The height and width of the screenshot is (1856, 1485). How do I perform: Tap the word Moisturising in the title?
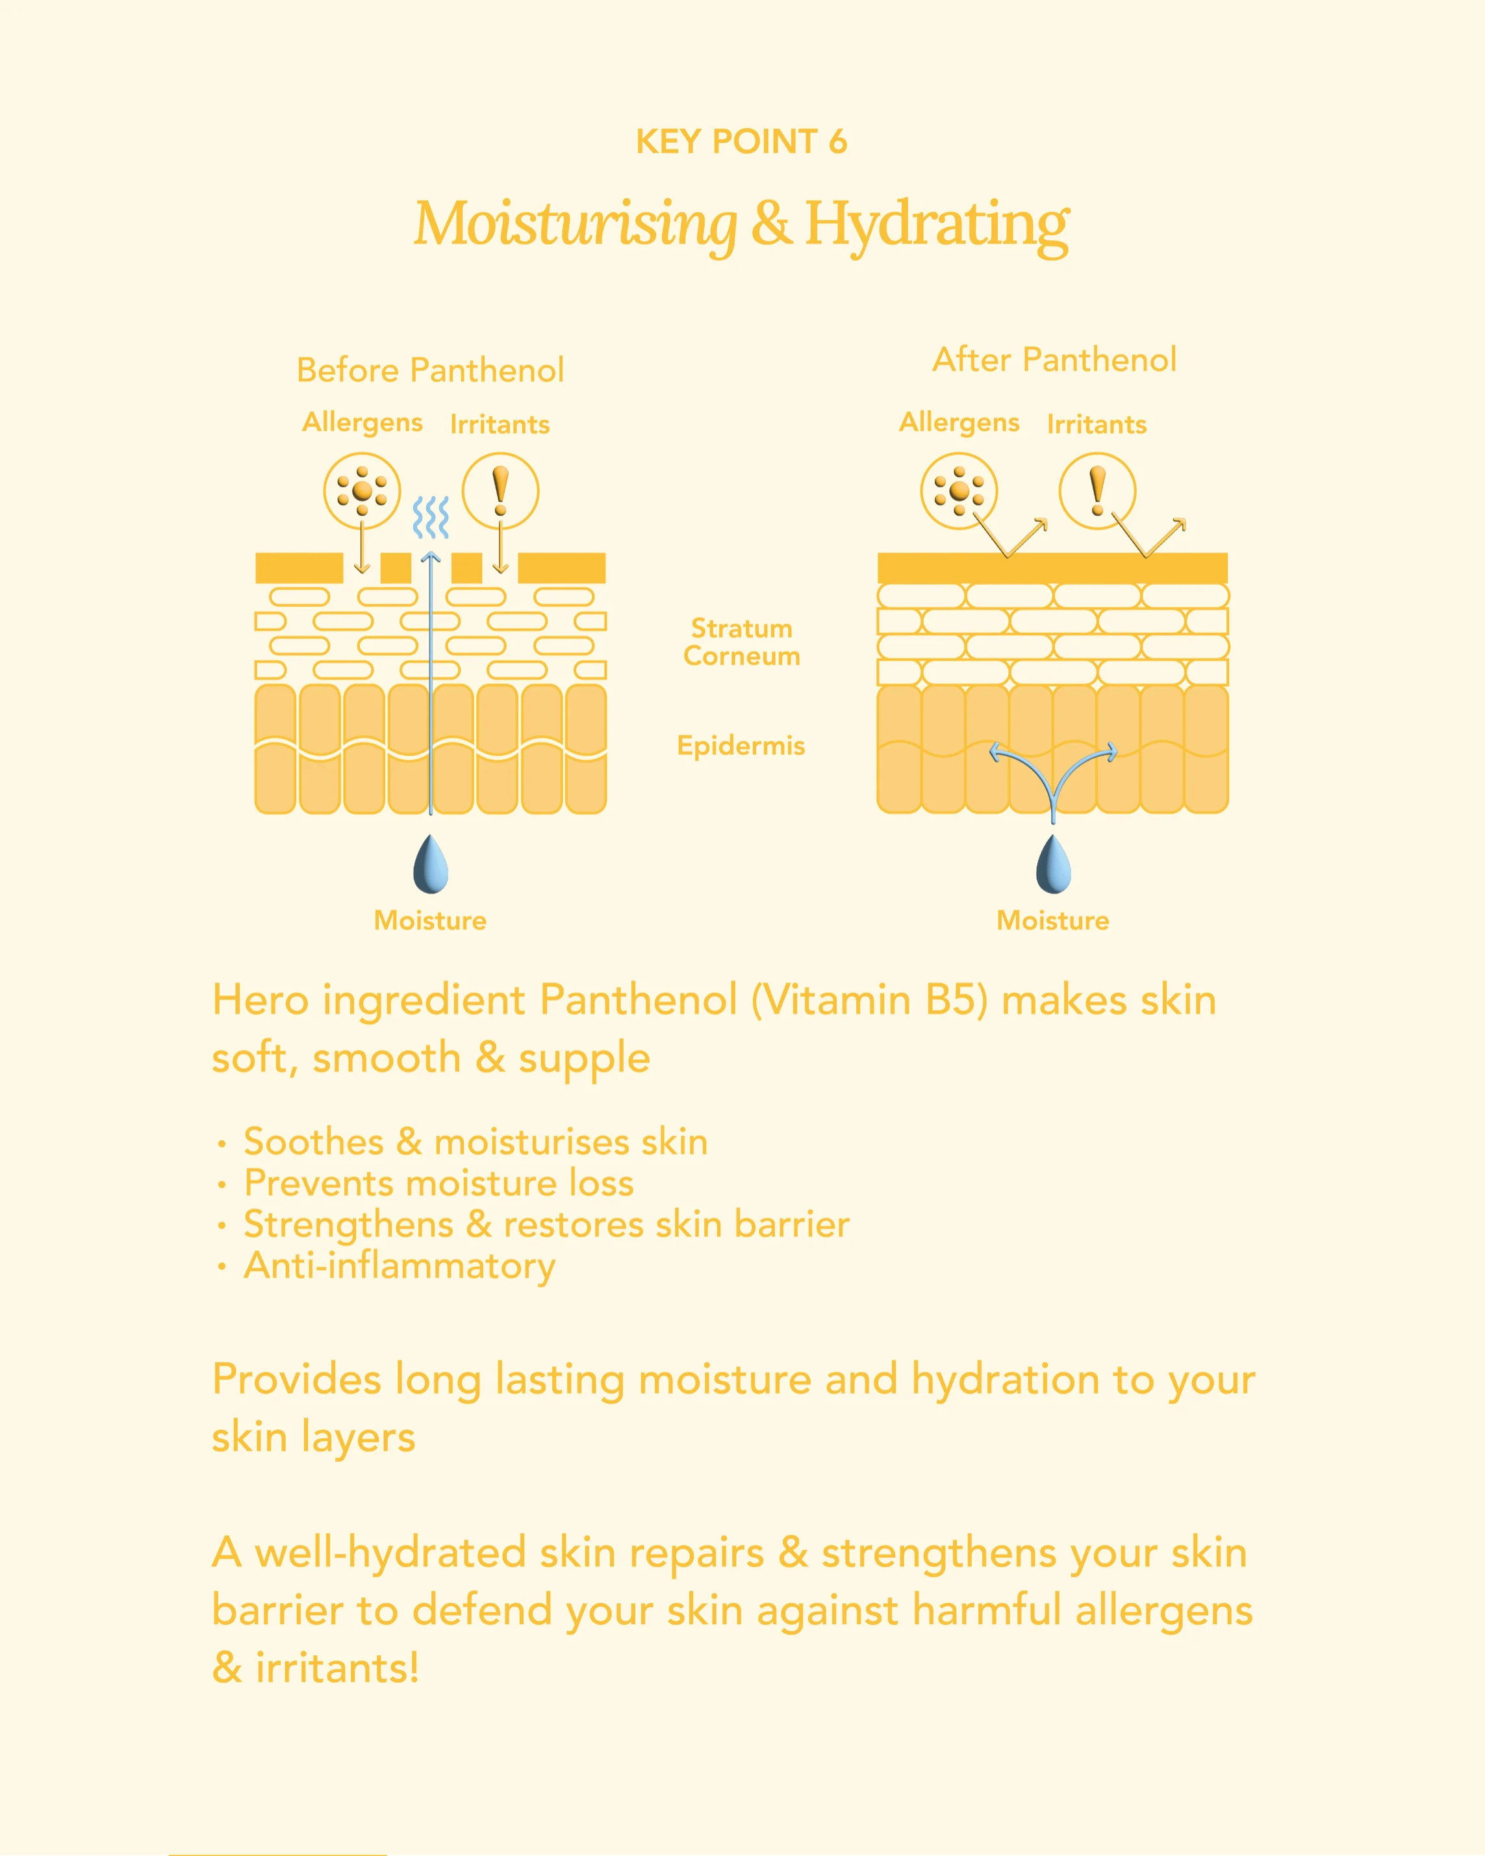(x=575, y=225)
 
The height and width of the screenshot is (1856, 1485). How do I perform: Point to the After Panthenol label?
(x=1054, y=360)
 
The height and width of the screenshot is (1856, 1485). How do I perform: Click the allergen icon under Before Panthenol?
(x=362, y=490)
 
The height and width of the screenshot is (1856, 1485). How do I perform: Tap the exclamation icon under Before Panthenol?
(x=500, y=490)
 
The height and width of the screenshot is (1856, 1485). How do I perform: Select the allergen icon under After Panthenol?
(x=959, y=490)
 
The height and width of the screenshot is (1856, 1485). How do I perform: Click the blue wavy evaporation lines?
(x=431, y=516)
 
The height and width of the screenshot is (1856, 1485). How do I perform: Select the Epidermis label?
(x=741, y=746)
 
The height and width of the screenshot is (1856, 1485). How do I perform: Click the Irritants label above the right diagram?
(x=1097, y=424)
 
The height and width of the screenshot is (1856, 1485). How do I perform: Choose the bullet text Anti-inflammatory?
(x=400, y=1266)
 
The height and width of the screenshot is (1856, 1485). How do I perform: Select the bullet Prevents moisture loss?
(x=439, y=1184)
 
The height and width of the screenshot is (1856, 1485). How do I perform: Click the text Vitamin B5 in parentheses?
(x=869, y=1001)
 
